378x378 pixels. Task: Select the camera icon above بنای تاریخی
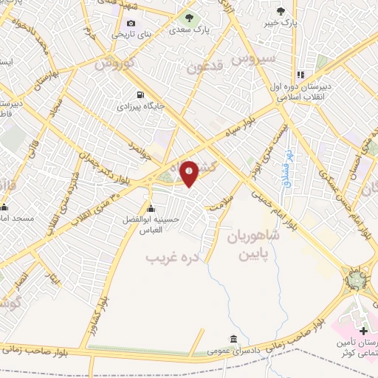pos(132,23)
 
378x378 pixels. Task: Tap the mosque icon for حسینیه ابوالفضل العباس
pos(151,207)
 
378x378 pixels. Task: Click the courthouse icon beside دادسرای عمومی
pos(233,339)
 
